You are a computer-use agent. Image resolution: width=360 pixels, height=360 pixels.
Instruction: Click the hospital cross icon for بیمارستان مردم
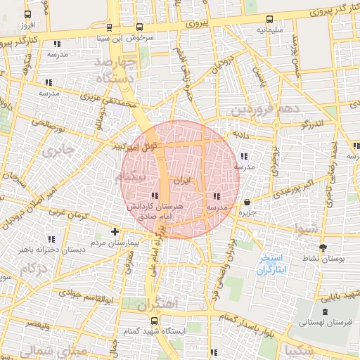(115, 231)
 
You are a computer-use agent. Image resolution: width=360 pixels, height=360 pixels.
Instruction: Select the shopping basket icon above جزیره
(247, 202)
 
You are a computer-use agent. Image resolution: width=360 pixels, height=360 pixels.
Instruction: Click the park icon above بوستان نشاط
(323, 247)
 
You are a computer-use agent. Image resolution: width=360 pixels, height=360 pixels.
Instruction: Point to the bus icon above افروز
(27, 15)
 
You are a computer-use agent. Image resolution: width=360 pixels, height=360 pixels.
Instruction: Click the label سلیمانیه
(270, 30)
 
